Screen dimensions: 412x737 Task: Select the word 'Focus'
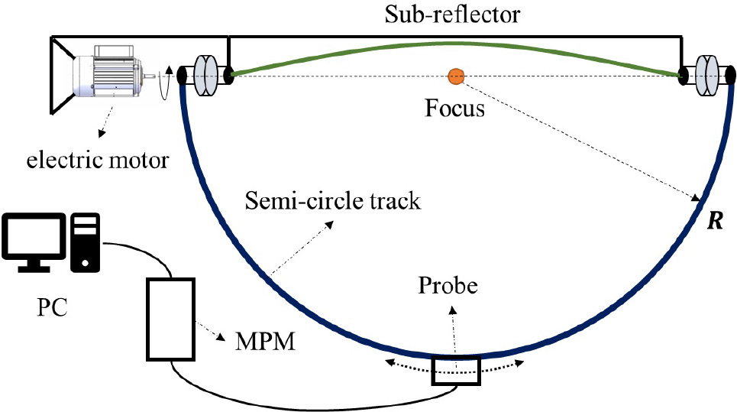click(454, 109)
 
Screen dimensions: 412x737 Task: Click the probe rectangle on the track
click(456, 371)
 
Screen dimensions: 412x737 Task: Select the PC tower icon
click(86, 242)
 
